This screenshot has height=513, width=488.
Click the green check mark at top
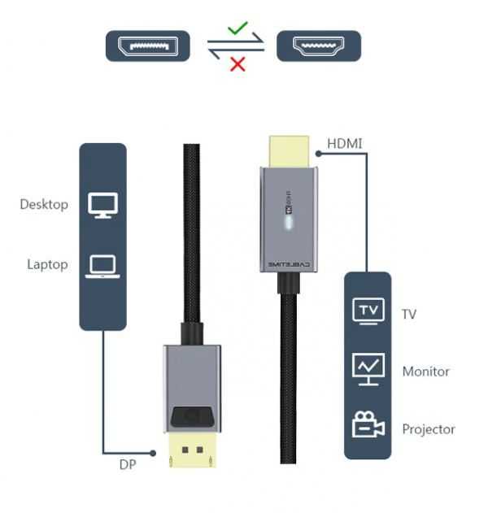[237, 29]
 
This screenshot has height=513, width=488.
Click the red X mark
[237, 64]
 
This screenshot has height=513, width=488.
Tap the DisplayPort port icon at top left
[148, 46]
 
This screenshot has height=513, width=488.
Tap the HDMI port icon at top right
[318, 46]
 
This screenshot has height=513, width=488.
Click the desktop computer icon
[102, 205]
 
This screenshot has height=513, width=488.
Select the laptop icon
[102, 265]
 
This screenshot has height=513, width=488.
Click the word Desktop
[44, 205]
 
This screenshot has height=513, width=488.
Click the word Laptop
[47, 265]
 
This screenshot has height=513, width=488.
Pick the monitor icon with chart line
[368, 369]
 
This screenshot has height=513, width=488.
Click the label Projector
[429, 429]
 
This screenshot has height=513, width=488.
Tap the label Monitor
[425, 372]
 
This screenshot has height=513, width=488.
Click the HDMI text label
[344, 144]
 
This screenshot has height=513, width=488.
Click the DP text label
[127, 464]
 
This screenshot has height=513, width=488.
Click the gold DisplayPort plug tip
[192, 454]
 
